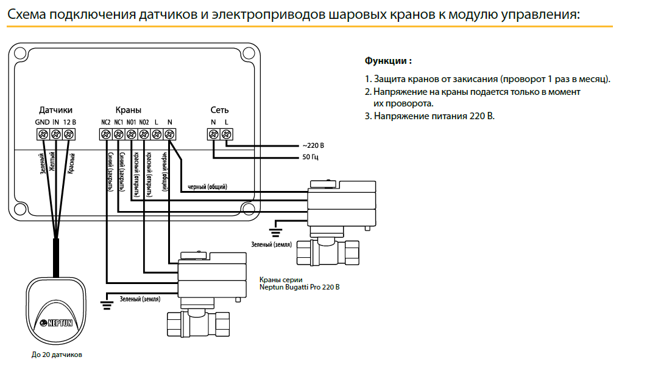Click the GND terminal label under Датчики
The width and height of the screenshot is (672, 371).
coord(42,122)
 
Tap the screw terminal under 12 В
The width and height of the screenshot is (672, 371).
coord(69,134)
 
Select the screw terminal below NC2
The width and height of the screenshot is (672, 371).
coord(105,134)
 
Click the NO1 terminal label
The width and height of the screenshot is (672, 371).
coord(131,122)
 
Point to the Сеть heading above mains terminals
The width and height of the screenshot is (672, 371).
coord(219,110)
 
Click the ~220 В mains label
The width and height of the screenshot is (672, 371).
coord(313,145)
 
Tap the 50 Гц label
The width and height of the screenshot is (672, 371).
coord(310,157)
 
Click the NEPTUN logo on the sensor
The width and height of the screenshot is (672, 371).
coord(56,323)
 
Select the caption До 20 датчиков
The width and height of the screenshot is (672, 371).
coord(57,355)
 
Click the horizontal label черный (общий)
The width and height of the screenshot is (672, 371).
coord(207,187)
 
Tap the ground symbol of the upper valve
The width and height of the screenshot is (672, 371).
coord(275,233)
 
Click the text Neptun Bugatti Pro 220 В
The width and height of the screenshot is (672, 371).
coord(299,287)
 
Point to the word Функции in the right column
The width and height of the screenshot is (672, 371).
coord(385,61)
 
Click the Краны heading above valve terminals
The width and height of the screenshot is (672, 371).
coord(128,110)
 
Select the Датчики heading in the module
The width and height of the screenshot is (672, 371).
coord(55,110)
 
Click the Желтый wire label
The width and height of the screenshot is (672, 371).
coord(52,161)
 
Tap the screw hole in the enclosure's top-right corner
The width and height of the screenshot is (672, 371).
coord(248,54)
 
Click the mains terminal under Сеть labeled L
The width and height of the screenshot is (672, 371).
coord(226,134)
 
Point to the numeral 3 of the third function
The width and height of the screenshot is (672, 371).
coord(367,116)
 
